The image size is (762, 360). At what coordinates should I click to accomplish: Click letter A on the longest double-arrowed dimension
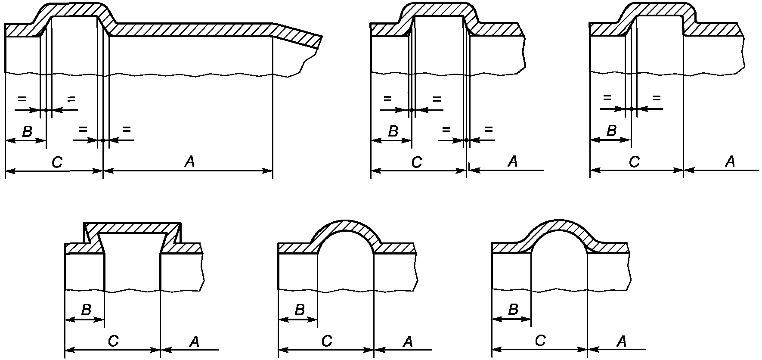tap(189, 161)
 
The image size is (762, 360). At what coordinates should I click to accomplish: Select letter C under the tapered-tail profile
tap(57, 162)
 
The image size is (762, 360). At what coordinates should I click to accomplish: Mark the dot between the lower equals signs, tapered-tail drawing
tap(103, 140)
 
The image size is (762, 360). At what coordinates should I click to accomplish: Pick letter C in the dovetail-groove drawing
tap(113, 341)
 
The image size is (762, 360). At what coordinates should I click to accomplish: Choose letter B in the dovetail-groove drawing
tap(86, 310)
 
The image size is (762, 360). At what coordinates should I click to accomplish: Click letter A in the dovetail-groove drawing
tap(195, 341)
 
